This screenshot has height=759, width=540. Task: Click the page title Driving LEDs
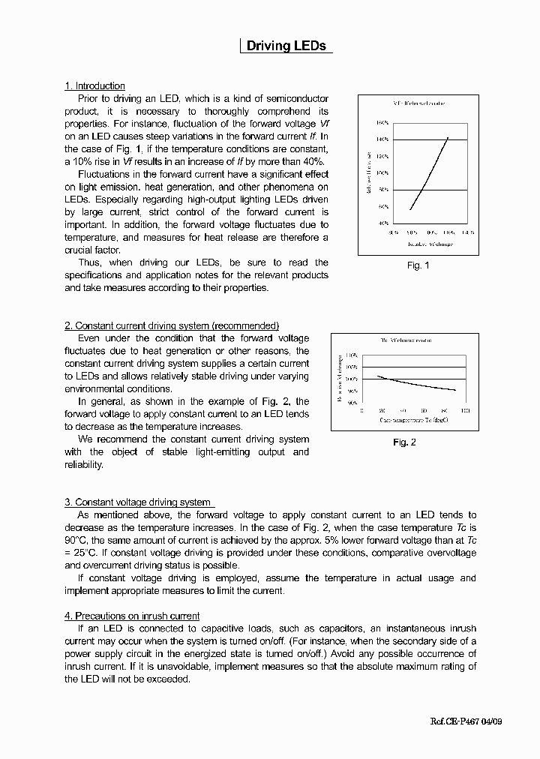pos(286,46)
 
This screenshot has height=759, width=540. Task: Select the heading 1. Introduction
pos(94,86)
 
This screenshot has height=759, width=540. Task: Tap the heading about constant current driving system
pos(172,325)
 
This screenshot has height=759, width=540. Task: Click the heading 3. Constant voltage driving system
pos(139,502)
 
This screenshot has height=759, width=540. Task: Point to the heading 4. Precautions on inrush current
pos(132,616)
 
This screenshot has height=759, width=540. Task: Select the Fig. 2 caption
pos(404,442)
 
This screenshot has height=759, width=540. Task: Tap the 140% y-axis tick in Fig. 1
pos(382,139)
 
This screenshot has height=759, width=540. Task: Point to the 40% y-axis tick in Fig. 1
pos(382,223)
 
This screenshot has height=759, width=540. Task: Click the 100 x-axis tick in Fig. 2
pos(465,411)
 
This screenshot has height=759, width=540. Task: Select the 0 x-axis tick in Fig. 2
pos(362,411)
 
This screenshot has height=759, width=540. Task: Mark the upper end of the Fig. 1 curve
pos(448,137)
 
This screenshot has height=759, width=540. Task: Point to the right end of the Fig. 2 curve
pos(456,390)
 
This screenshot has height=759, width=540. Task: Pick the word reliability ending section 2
pos(83,465)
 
